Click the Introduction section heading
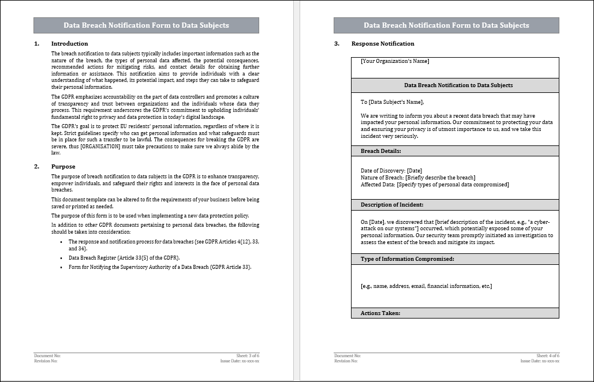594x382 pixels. (x=69, y=44)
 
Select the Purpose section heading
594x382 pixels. (x=63, y=167)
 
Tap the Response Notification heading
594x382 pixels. (x=383, y=44)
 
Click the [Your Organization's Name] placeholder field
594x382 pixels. (x=395, y=61)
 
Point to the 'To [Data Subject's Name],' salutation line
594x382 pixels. (x=392, y=102)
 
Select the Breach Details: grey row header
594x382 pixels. (x=380, y=151)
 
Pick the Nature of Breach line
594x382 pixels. (x=418, y=178)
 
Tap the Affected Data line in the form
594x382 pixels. (x=435, y=185)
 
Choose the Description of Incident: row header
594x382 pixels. (x=392, y=205)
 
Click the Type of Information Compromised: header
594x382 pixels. (x=407, y=259)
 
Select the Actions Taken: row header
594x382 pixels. (x=380, y=313)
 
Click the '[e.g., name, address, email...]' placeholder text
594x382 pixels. (x=426, y=286)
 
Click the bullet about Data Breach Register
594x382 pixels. (x=124, y=258)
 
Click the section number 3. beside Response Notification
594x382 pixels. (x=337, y=44)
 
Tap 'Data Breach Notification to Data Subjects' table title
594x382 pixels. (x=458, y=85)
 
